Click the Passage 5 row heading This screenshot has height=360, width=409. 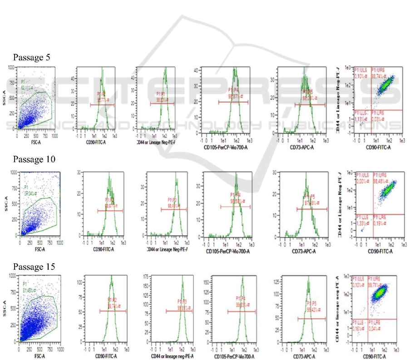[x=31, y=58]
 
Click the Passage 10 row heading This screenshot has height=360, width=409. [x=34, y=160]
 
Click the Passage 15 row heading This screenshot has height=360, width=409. [x=34, y=267]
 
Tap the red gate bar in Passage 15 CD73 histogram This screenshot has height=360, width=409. [x=311, y=319]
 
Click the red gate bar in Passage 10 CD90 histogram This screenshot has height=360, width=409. [x=111, y=211]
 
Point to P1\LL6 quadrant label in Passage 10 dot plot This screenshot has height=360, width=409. [x=362, y=217]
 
